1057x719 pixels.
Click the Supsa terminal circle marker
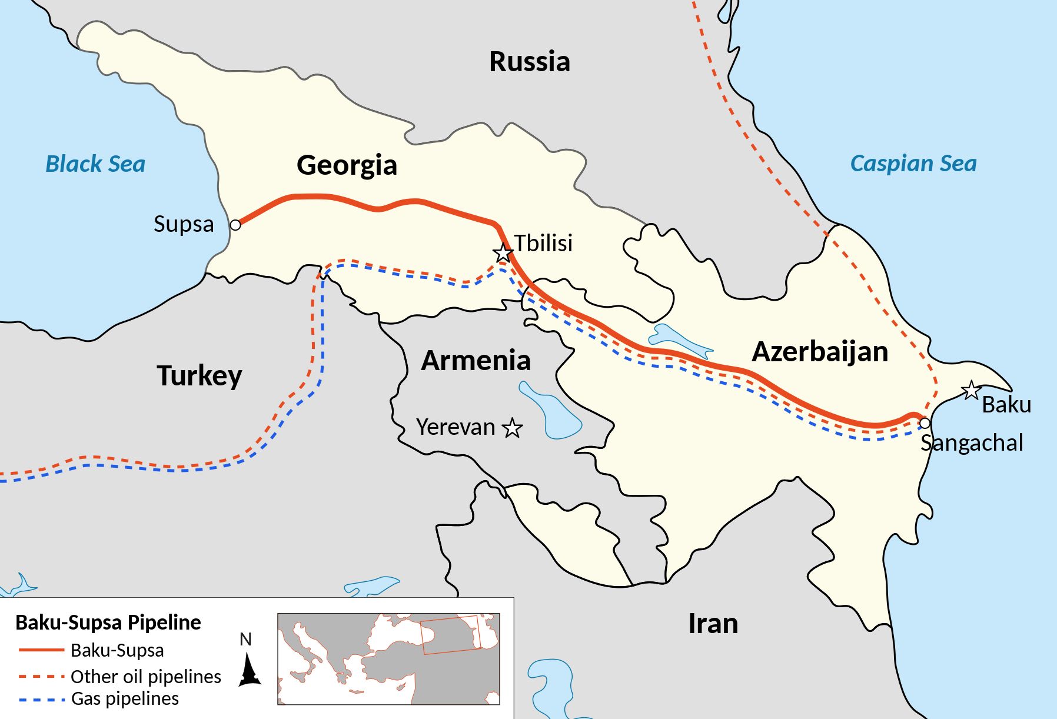(235, 225)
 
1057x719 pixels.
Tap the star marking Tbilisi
(503, 253)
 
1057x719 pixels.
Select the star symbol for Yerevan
(512, 428)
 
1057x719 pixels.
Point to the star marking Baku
(970, 390)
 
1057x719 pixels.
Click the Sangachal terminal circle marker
(925, 423)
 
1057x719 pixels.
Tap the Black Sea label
(95, 164)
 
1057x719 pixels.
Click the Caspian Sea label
(913, 163)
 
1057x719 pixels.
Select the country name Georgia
(347, 165)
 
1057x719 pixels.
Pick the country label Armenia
(476, 360)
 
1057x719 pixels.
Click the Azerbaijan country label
(820, 351)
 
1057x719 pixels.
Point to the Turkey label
(199, 375)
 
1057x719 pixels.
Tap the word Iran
(713, 623)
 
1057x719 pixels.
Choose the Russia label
(530, 62)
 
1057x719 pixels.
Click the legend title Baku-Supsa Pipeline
(108, 622)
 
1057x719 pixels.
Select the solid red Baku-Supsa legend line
(41, 650)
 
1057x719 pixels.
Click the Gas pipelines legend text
(125, 698)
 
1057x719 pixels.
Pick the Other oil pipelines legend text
(145, 677)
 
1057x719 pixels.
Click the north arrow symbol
(249, 671)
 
